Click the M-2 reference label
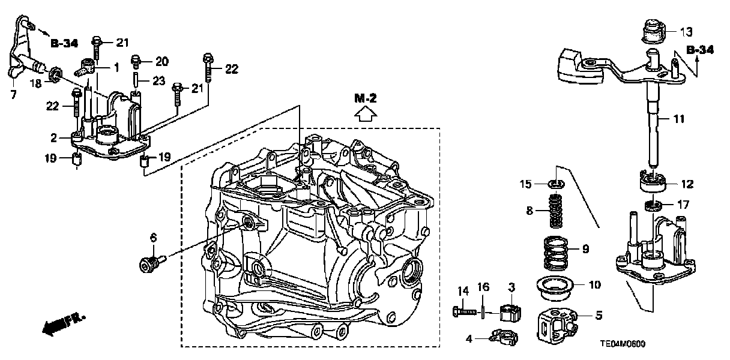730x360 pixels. pyautogui.click(x=364, y=98)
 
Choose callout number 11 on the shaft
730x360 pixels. pyautogui.click(x=678, y=120)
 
